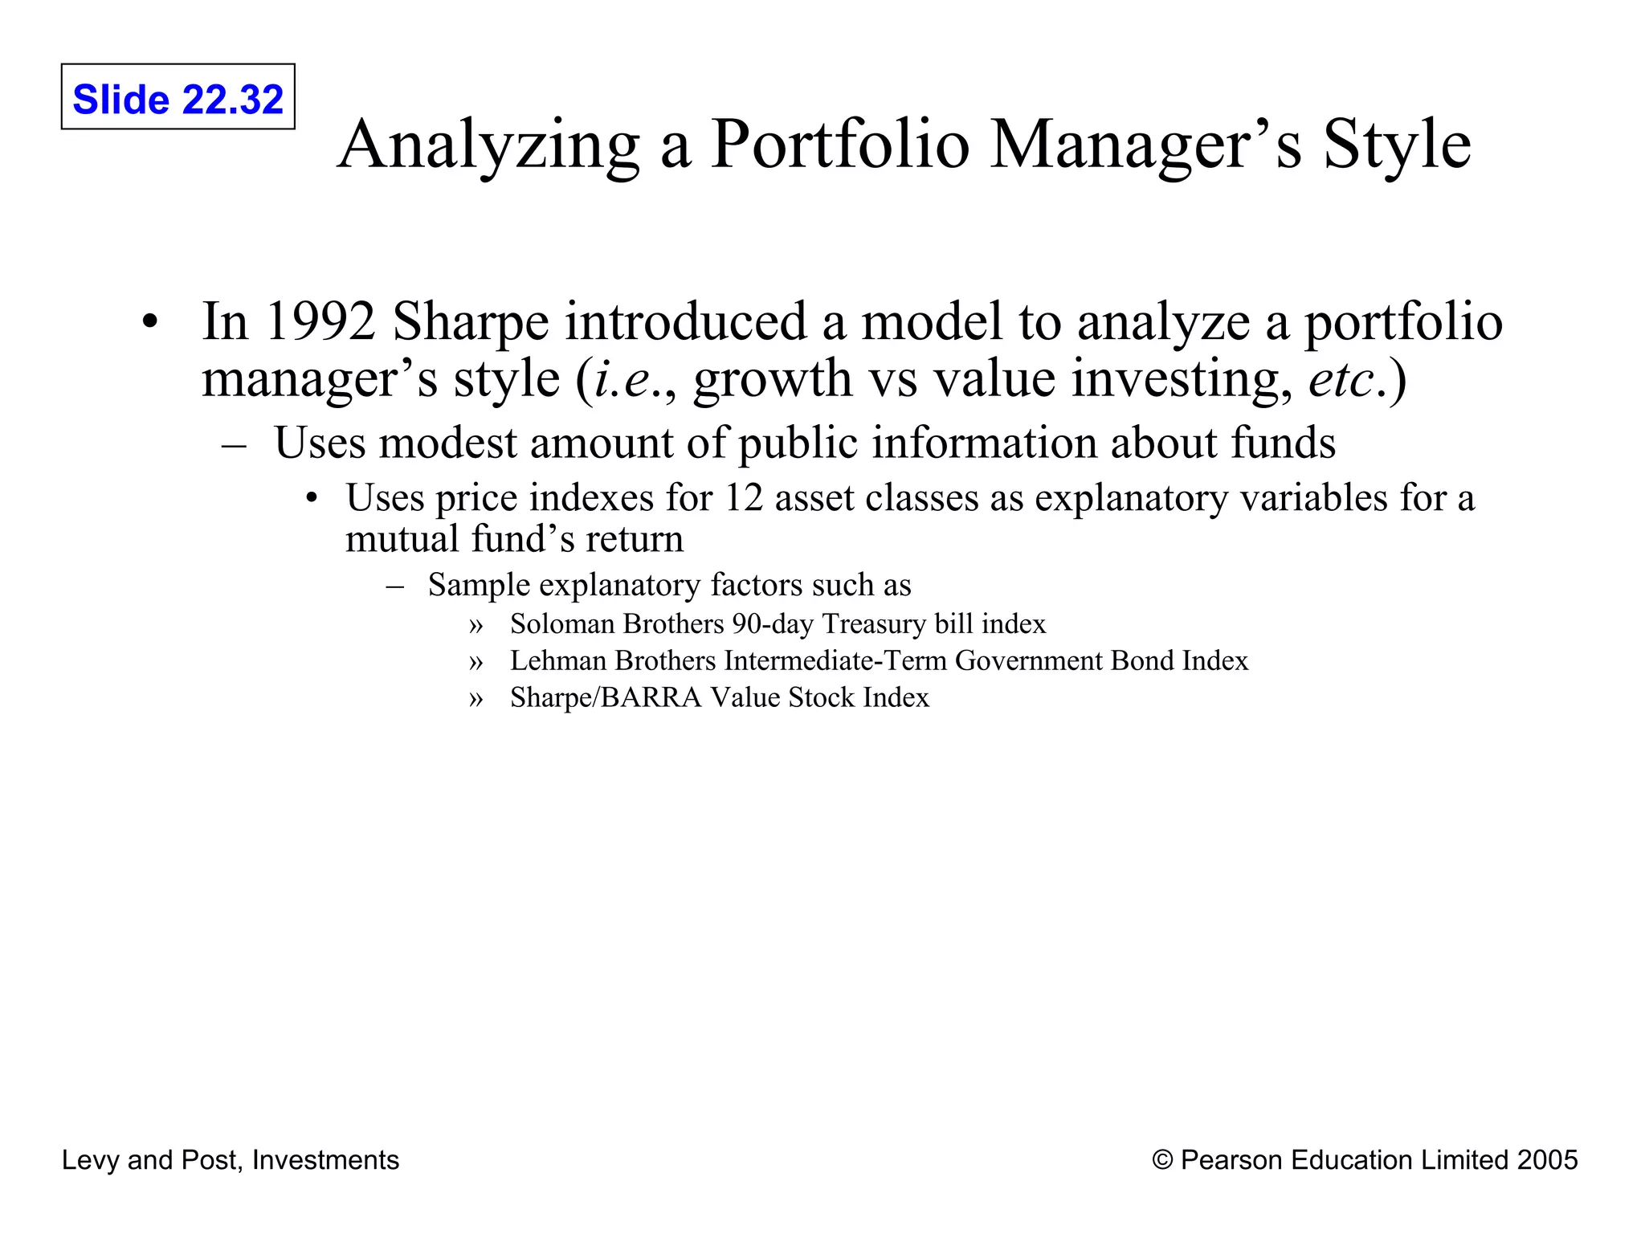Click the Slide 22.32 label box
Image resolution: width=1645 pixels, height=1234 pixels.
[178, 97]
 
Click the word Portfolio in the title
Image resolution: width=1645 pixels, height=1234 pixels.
[840, 145]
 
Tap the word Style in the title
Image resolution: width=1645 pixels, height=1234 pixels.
[1397, 145]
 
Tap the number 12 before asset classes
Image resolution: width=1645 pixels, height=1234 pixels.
[743, 498]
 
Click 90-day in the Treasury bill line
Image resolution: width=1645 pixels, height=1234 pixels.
[772, 624]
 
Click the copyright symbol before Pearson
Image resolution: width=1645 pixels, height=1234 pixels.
[1161, 1160]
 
